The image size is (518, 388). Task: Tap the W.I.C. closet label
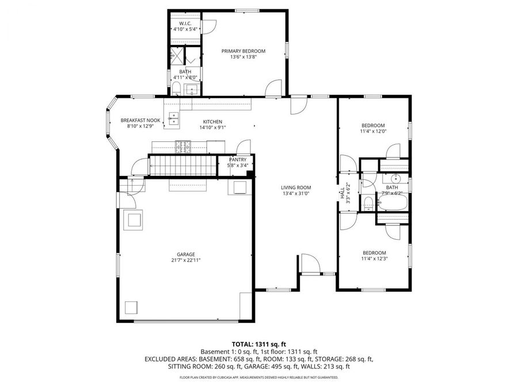coord(185,23)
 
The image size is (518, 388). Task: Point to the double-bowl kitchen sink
coord(173,118)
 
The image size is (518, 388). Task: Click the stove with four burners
coord(183,145)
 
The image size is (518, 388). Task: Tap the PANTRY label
coord(238,159)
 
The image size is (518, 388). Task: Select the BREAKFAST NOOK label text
coord(140,120)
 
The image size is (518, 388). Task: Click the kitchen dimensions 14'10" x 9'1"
coord(212,128)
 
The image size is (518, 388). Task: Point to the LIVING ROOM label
coord(296,187)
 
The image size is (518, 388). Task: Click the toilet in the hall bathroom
coord(367,202)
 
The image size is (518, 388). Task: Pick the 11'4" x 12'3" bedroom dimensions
coord(374,259)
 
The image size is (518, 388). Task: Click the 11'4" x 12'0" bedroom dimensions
coord(373,131)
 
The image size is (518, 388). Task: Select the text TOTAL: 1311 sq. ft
coord(258,343)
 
